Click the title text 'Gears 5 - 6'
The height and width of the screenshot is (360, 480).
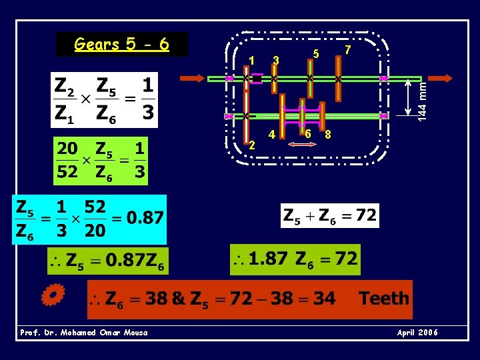121,45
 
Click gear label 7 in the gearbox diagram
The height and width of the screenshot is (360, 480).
348,51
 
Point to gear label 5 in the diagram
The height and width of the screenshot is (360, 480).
317,54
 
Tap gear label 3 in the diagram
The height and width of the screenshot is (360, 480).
275,61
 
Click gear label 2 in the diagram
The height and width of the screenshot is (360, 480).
251,145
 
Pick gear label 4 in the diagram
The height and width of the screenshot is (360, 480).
271,135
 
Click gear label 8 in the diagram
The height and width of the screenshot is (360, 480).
328,134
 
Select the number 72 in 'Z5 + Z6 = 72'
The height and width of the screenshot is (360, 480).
365,216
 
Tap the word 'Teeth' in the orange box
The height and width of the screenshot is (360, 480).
383,298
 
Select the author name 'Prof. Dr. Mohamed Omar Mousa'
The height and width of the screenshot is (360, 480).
84,333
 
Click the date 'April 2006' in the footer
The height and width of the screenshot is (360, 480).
417,333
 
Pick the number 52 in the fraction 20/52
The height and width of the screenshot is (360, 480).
67,171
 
